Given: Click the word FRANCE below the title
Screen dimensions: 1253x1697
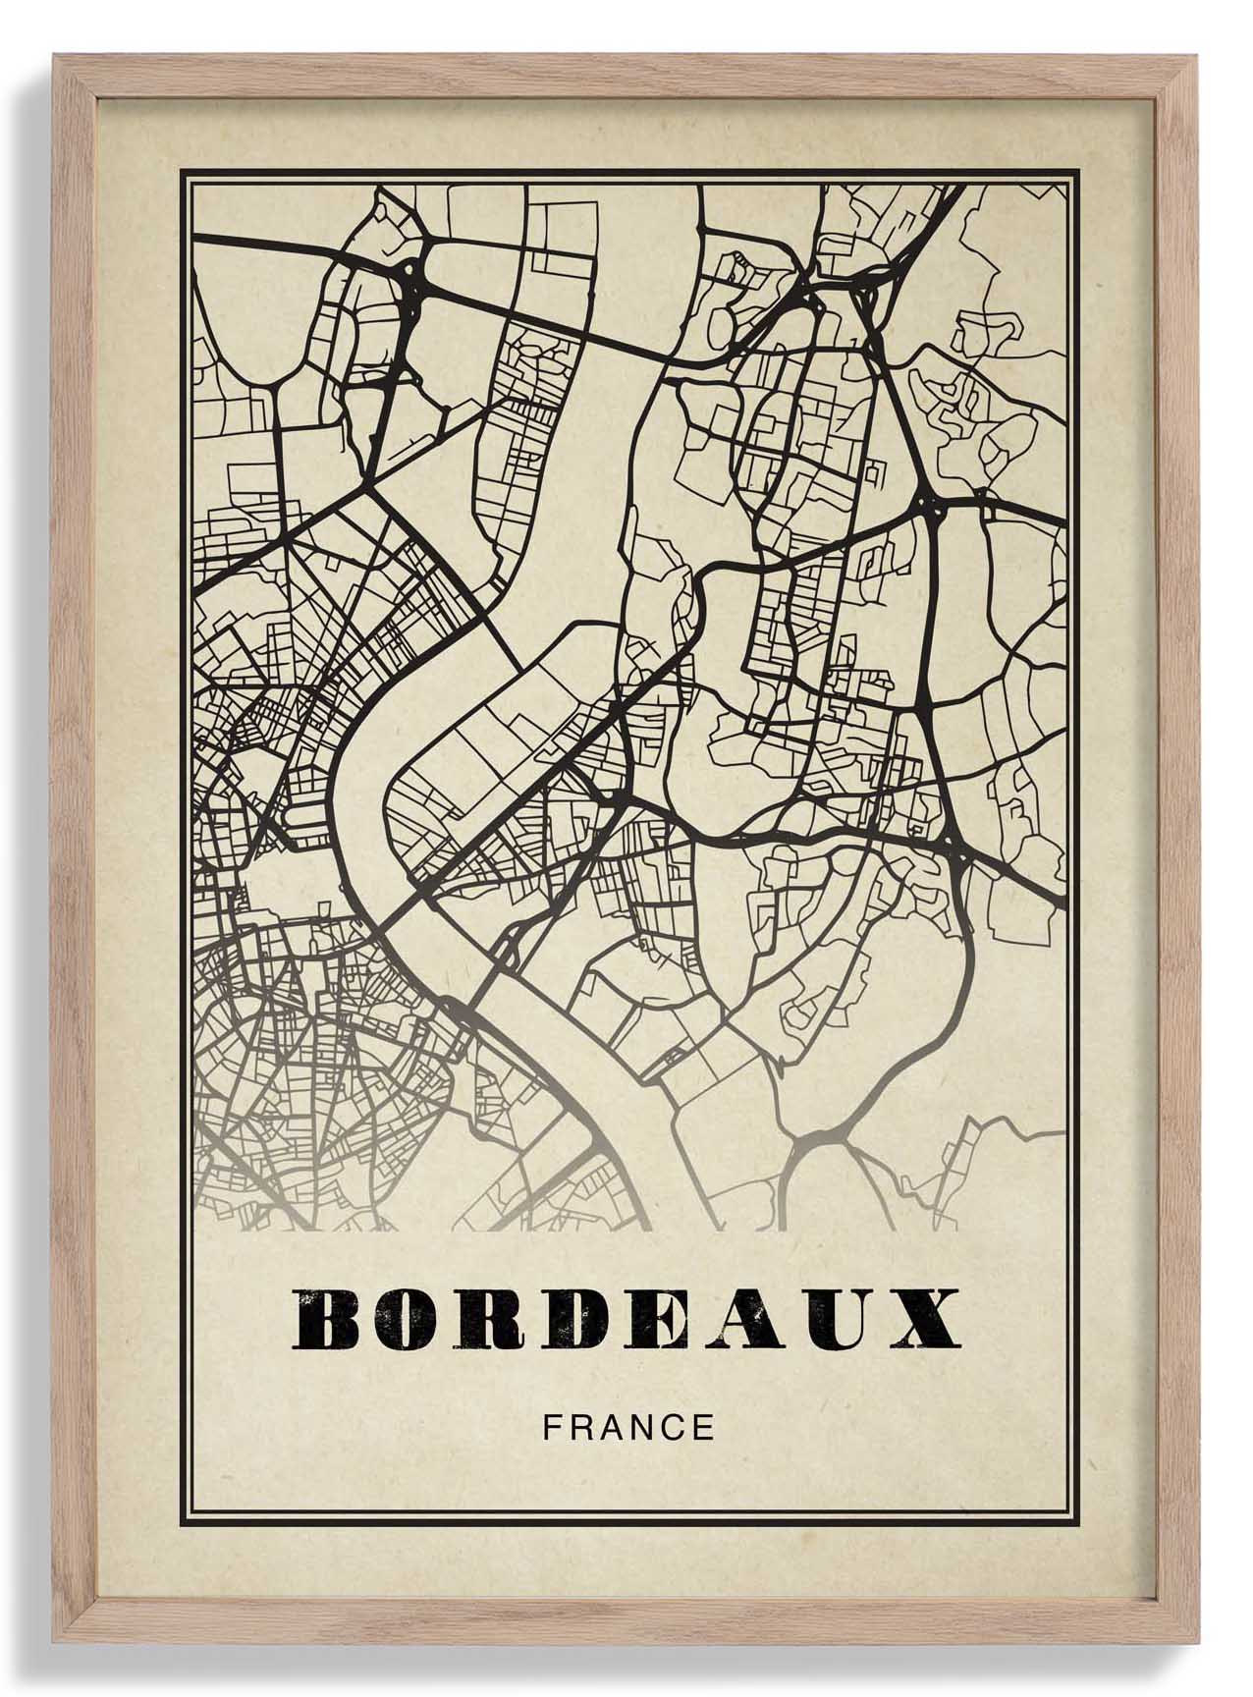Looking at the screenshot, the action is (628, 1427).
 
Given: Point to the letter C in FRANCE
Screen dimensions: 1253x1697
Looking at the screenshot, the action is (673, 1427).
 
